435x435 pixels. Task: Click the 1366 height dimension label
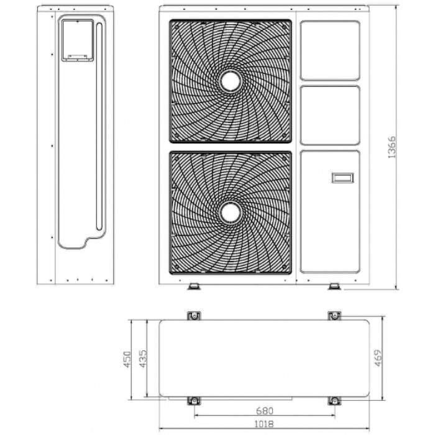click(391, 147)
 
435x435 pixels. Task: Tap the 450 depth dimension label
click(127, 360)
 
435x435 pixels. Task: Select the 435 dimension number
click(142, 359)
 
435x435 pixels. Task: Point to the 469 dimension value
click(378, 358)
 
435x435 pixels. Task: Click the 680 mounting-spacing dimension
click(265, 411)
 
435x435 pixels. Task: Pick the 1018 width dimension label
click(264, 424)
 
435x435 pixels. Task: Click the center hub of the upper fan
click(231, 81)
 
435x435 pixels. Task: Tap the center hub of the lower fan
click(231, 213)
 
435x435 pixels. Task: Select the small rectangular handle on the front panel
click(342, 178)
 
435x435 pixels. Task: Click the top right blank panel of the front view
click(330, 50)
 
